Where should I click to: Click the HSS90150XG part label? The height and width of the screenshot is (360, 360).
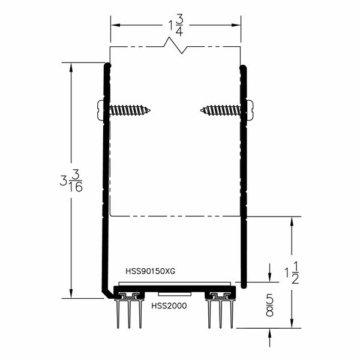click(151, 271)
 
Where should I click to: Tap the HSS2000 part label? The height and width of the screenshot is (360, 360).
click(169, 306)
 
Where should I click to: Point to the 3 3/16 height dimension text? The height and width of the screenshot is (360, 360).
click(71, 181)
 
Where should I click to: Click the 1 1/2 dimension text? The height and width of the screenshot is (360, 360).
click(292, 272)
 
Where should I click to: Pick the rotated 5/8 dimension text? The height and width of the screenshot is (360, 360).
click(270, 307)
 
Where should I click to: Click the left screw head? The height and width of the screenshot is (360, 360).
click(100, 110)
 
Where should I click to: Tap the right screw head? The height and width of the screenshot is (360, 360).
click(250, 110)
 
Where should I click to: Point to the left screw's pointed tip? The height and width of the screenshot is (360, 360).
click(151, 110)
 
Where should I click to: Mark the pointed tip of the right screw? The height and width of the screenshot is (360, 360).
click(200, 110)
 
